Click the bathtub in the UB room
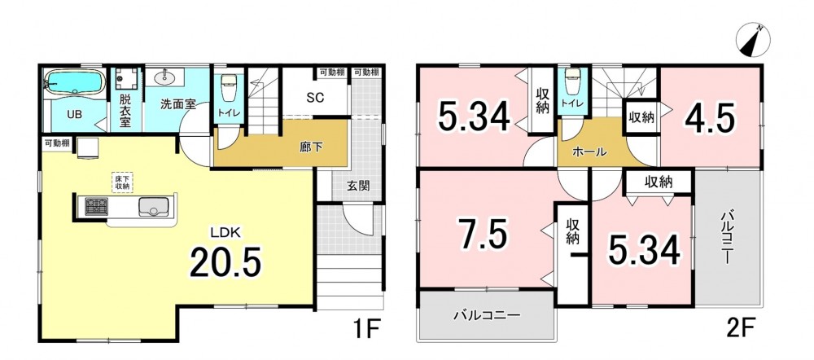(74, 82)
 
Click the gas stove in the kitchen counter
(97, 206)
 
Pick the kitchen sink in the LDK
(153, 206)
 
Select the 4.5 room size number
(710, 120)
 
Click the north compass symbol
(753, 39)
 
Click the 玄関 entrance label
(358, 186)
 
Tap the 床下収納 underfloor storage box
(122, 182)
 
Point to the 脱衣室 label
(125, 110)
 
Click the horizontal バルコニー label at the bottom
(487, 315)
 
